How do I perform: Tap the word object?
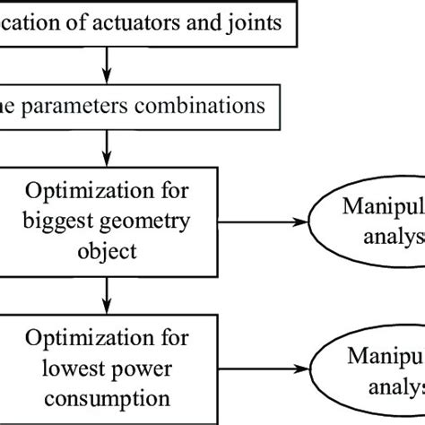107,250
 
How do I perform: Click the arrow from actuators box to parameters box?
108,67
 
